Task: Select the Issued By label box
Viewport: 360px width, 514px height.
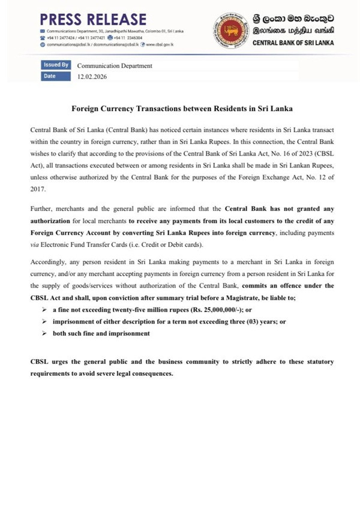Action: [x=56, y=65]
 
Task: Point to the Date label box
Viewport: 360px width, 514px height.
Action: [x=56, y=77]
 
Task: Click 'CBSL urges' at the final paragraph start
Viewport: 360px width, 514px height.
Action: [x=49, y=363]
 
